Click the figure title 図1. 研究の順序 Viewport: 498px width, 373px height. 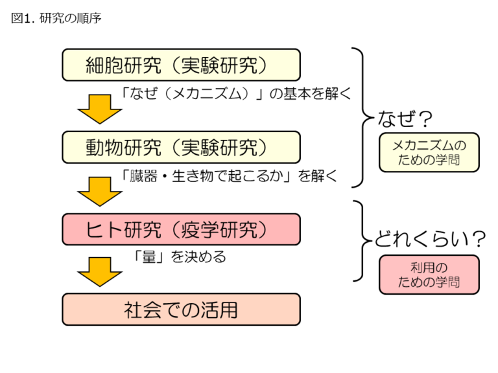click(x=56, y=19)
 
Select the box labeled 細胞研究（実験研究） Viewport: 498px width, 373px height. click(x=181, y=65)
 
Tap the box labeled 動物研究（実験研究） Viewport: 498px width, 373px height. click(x=181, y=147)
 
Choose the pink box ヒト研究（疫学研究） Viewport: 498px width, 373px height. click(x=181, y=229)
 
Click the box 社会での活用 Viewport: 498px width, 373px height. click(x=181, y=310)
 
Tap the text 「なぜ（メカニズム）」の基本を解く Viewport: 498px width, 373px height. click(x=237, y=95)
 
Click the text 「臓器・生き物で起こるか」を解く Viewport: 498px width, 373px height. click(x=230, y=176)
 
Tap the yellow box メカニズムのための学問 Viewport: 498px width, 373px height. click(x=429, y=153)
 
